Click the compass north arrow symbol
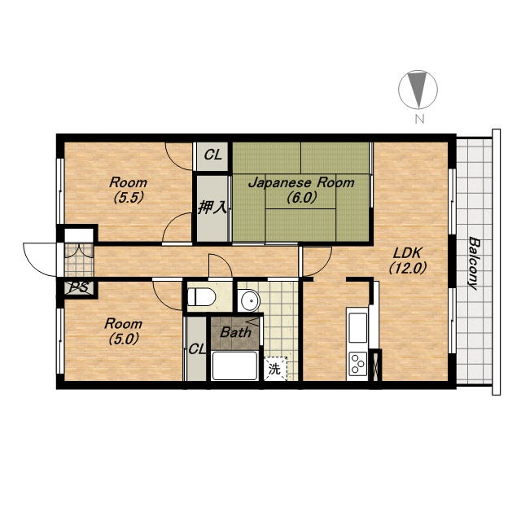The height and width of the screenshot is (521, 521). coord(418,90)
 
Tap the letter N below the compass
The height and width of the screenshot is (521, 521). coord(419,119)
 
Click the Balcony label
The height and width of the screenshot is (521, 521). coord(474,263)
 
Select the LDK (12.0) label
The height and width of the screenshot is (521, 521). coord(407,260)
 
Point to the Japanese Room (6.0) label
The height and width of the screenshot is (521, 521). coord(301,190)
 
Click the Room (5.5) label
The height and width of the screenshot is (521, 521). coord(129,190)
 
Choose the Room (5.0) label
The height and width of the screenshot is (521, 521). coord(123,331)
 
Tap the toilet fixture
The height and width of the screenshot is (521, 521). coord(202,296)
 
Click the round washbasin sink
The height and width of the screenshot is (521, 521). coord(250,300)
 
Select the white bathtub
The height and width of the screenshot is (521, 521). coord(234,366)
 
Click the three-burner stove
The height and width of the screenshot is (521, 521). coord(357,363)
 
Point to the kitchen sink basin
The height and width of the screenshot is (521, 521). coord(357,327)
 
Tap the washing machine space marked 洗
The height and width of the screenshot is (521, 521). coord(275,369)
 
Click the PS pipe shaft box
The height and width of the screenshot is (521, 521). coord(80,288)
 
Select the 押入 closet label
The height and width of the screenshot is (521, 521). coord(212,208)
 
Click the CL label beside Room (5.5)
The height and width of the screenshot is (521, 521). coord(213,155)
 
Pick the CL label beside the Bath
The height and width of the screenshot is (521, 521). coord(197,349)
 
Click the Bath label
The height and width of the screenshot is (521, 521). coord(235,332)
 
